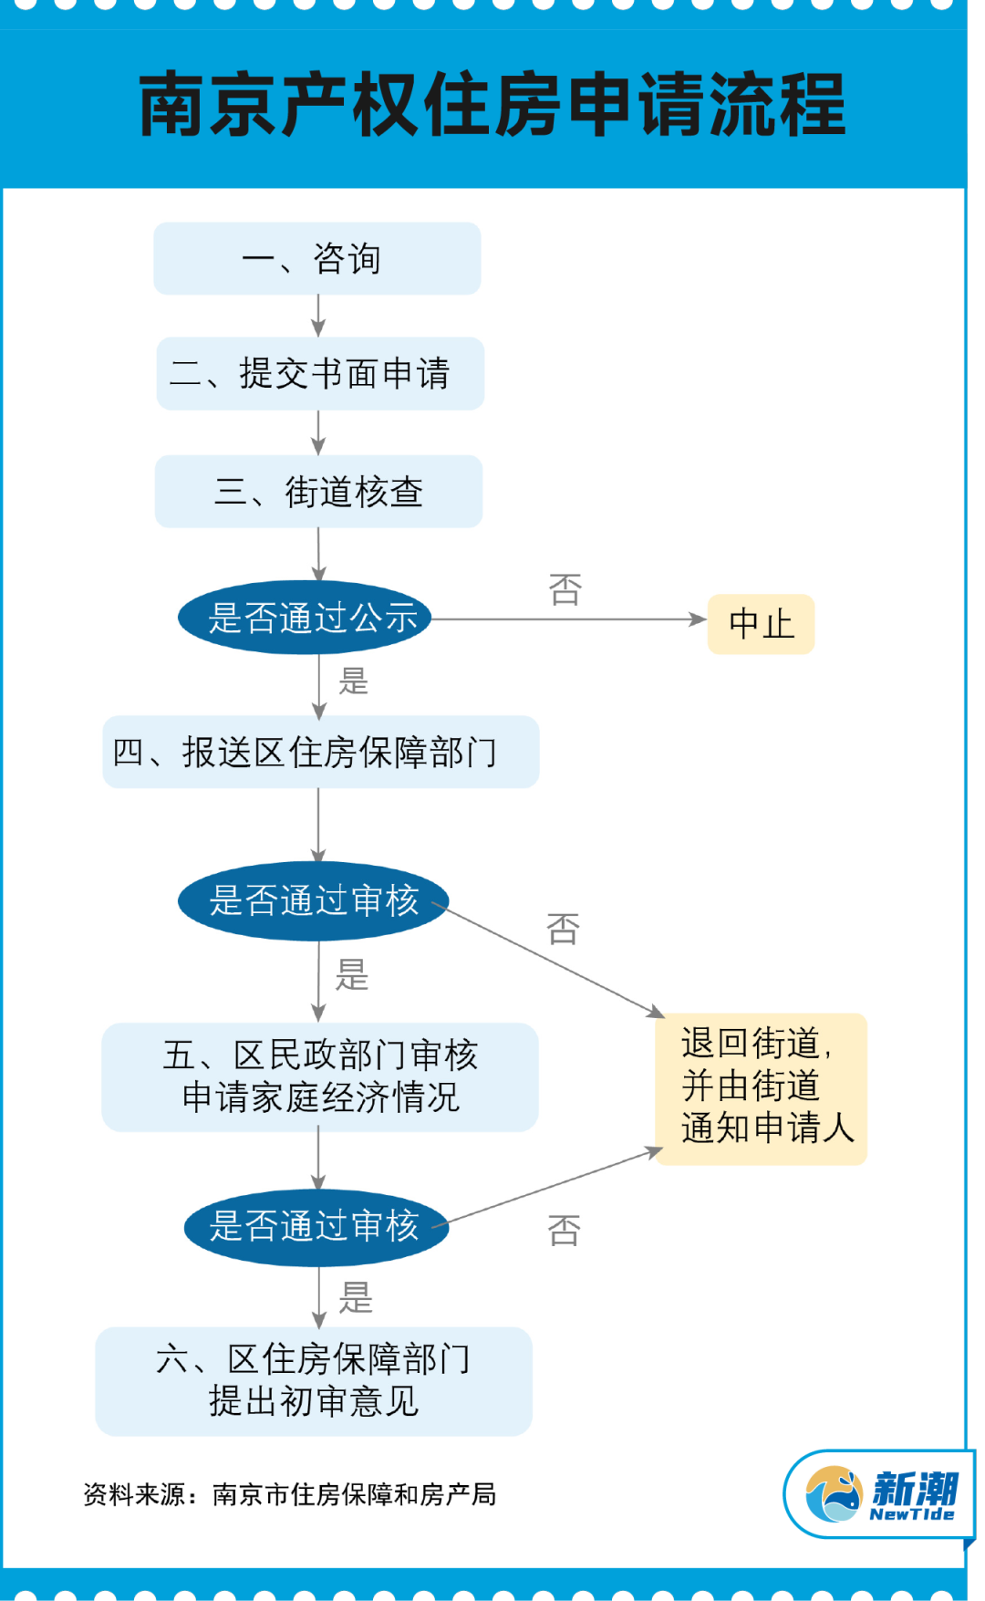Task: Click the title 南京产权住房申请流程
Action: pyautogui.click(x=493, y=105)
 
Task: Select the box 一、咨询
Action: pyautogui.click(x=317, y=258)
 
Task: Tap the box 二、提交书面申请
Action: pyautogui.click(x=319, y=373)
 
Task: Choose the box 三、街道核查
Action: pyautogui.click(x=318, y=491)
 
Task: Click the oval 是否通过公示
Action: pyautogui.click(x=305, y=618)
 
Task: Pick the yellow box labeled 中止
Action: pyautogui.click(x=761, y=624)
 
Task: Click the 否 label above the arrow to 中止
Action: pyautogui.click(x=565, y=589)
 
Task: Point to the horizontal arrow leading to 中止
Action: pyautogui.click(x=569, y=619)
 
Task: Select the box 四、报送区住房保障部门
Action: pyautogui.click(x=320, y=752)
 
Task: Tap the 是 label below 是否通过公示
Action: pyautogui.click(x=354, y=681)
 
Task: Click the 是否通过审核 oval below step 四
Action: pyautogui.click(x=313, y=900)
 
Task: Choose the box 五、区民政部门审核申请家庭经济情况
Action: pyautogui.click(x=319, y=1076)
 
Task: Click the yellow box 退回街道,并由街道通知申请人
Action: pyautogui.click(x=761, y=1088)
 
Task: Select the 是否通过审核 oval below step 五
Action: pyautogui.click(x=316, y=1226)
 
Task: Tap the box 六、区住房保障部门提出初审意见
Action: pyautogui.click(x=313, y=1380)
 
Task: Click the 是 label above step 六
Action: pyautogui.click(x=356, y=1296)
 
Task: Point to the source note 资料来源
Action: pyautogui.click(x=289, y=1494)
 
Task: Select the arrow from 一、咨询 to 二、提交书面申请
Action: pyautogui.click(x=318, y=316)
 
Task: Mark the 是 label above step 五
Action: pyautogui.click(x=352, y=974)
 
